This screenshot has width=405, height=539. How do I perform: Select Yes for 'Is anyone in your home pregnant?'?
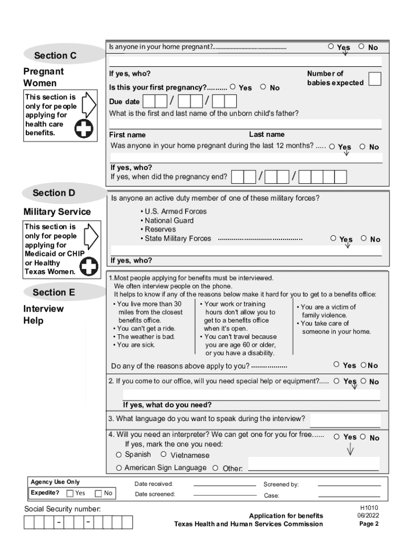tap(331, 46)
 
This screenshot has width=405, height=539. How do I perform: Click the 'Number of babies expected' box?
tap(375, 78)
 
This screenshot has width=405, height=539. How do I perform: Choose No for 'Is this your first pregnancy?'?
tap(263, 87)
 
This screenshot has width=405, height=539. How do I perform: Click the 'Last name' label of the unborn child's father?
tap(267, 135)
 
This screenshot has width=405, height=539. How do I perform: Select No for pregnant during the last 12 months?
tap(362, 147)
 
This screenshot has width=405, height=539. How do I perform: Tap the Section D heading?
tap(54, 193)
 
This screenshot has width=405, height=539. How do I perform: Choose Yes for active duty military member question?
tap(333, 238)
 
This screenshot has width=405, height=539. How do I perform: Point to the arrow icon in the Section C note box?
tap(89, 105)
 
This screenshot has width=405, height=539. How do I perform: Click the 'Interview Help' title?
tap(43, 315)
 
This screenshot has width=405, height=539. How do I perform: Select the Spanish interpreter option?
tap(119, 454)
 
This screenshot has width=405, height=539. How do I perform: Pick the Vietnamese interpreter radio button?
tap(164, 454)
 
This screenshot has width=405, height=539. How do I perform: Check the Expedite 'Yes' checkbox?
tap(70, 493)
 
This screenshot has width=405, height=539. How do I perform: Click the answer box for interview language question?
tap(345, 420)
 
